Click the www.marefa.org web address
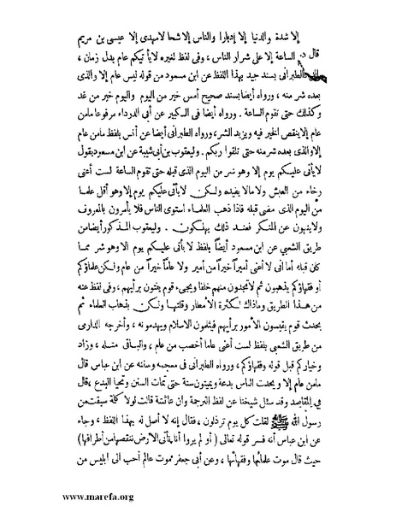pyautogui.click(x=49, y=495)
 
